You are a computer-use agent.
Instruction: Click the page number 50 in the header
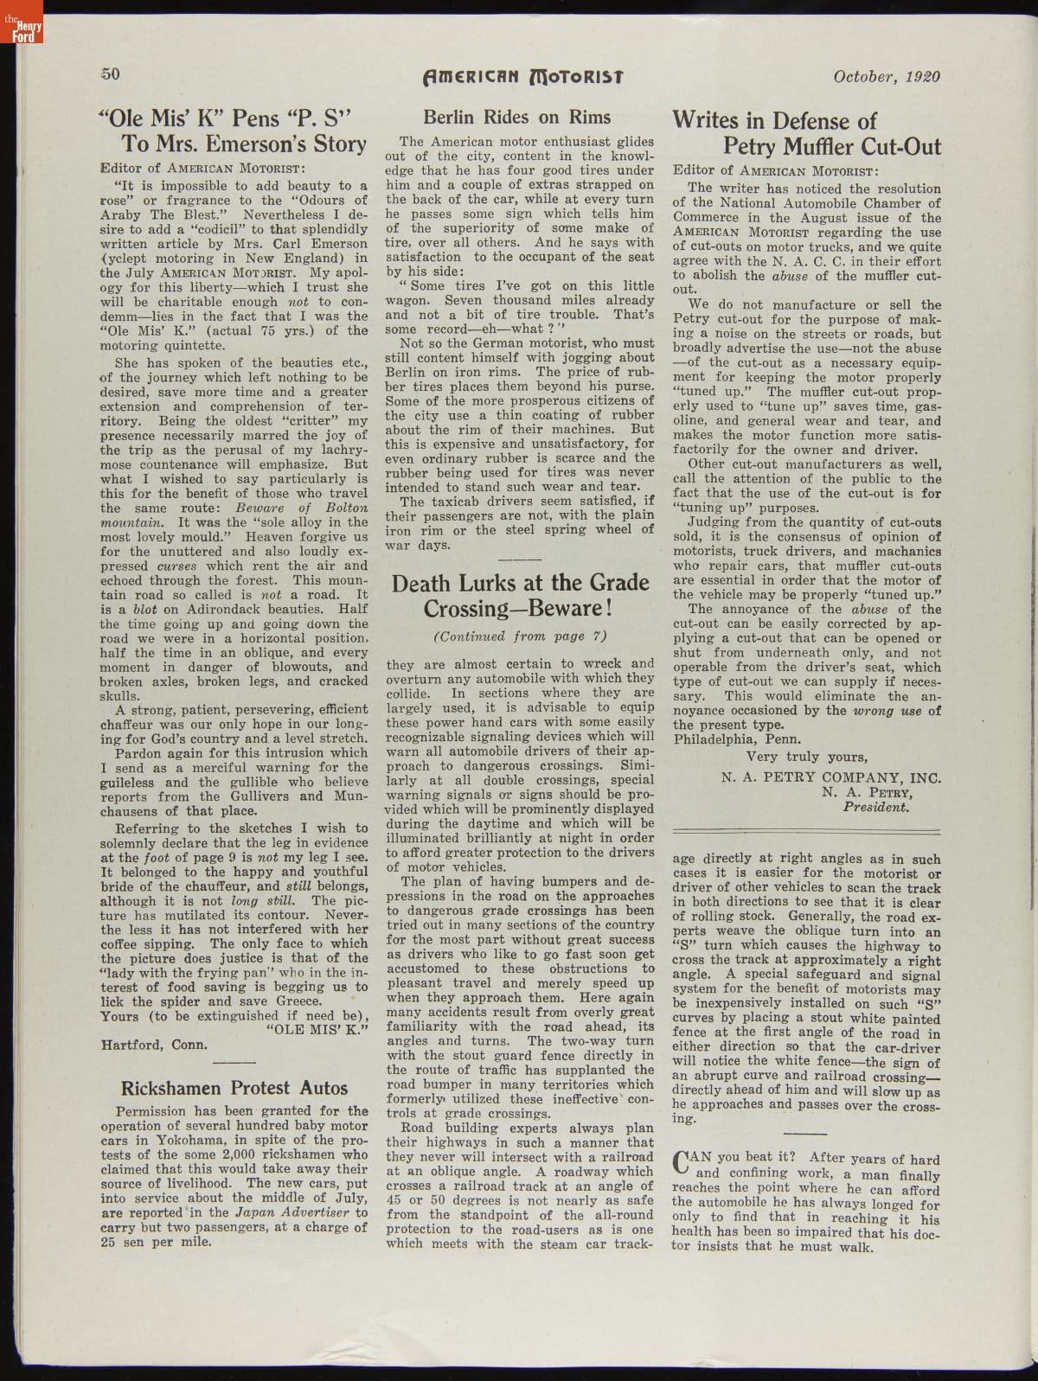[110, 74]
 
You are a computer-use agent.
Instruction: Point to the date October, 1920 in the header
[887, 76]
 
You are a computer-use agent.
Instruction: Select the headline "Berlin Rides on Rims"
[516, 118]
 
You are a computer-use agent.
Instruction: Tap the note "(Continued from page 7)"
[520, 636]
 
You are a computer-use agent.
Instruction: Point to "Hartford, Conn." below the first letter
[154, 1045]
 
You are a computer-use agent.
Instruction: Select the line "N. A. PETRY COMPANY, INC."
[830, 777]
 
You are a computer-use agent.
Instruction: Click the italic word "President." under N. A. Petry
[876, 807]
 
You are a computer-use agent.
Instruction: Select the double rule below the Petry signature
[807, 829]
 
